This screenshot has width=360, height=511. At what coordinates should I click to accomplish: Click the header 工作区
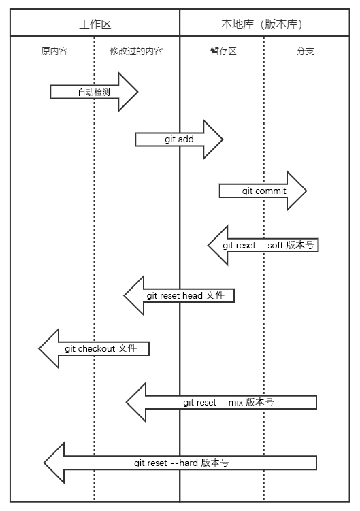(95, 24)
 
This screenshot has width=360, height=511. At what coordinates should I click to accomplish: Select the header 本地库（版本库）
(262, 24)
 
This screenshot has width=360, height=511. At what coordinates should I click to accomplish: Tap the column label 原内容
(54, 51)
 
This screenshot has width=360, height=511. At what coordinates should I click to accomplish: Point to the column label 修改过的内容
(136, 51)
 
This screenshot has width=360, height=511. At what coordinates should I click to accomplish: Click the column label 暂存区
(223, 51)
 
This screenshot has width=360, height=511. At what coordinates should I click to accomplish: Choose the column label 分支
(305, 51)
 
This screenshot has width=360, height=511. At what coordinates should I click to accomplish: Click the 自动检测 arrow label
(94, 93)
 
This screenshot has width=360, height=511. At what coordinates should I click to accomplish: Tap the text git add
(179, 139)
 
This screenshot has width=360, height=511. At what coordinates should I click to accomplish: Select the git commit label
(264, 191)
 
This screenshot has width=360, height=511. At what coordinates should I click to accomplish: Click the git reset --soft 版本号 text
(268, 245)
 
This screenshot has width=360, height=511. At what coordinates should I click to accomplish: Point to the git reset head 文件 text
(185, 295)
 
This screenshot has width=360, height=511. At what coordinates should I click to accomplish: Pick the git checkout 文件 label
(101, 348)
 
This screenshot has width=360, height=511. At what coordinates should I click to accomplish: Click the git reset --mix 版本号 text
(228, 403)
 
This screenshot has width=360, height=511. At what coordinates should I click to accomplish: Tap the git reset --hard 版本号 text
(181, 463)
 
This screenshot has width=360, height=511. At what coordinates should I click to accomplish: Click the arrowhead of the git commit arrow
(306, 191)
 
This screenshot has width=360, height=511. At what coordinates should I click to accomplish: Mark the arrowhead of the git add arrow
(223, 139)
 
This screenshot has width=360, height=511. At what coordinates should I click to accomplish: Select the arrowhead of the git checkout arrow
(39, 348)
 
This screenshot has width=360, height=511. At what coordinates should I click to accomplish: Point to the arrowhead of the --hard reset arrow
(44, 463)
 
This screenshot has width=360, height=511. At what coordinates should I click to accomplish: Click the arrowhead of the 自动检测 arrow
(137, 92)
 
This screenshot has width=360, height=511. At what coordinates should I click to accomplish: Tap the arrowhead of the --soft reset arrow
(208, 245)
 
